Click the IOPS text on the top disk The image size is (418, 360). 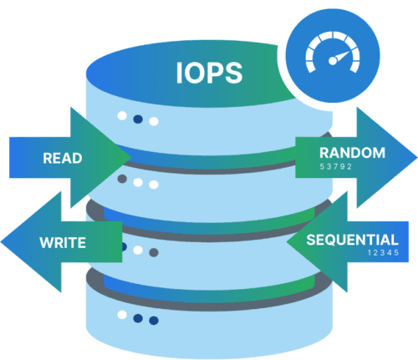click(x=209, y=73)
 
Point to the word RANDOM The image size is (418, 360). click(x=352, y=152)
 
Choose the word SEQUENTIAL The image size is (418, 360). click(x=352, y=239)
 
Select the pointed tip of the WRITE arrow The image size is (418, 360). click(x=3, y=243)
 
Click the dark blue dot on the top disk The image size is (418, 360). click(x=138, y=119)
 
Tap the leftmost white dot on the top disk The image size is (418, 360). click(x=122, y=116)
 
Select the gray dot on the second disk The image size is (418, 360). click(x=122, y=179)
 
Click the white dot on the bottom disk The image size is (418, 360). click(x=122, y=315)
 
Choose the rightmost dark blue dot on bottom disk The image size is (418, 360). click(x=154, y=319)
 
